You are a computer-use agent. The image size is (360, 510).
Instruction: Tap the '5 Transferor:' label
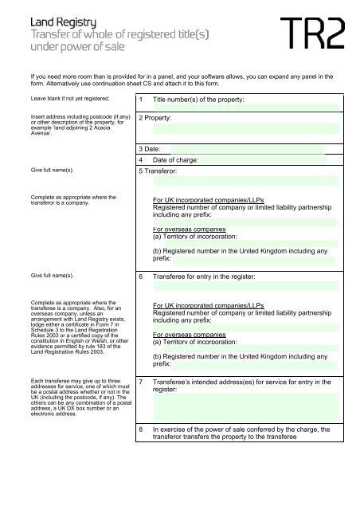[x=158, y=171]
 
